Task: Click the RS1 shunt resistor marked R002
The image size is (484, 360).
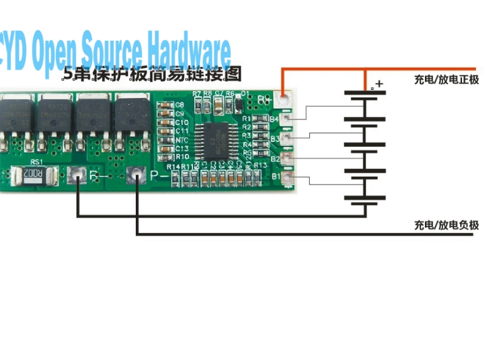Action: (x=35, y=176)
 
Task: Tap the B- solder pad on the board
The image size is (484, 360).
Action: (x=78, y=177)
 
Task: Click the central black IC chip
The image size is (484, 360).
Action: (x=216, y=139)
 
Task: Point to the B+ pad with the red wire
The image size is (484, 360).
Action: (x=284, y=98)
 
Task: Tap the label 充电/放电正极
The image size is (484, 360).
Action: (x=446, y=80)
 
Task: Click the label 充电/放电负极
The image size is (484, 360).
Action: (x=446, y=225)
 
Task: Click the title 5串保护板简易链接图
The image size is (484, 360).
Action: (x=152, y=74)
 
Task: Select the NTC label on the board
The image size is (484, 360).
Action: (x=182, y=139)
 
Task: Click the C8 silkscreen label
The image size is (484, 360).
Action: (x=180, y=105)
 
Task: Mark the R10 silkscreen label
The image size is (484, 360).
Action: (x=182, y=156)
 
